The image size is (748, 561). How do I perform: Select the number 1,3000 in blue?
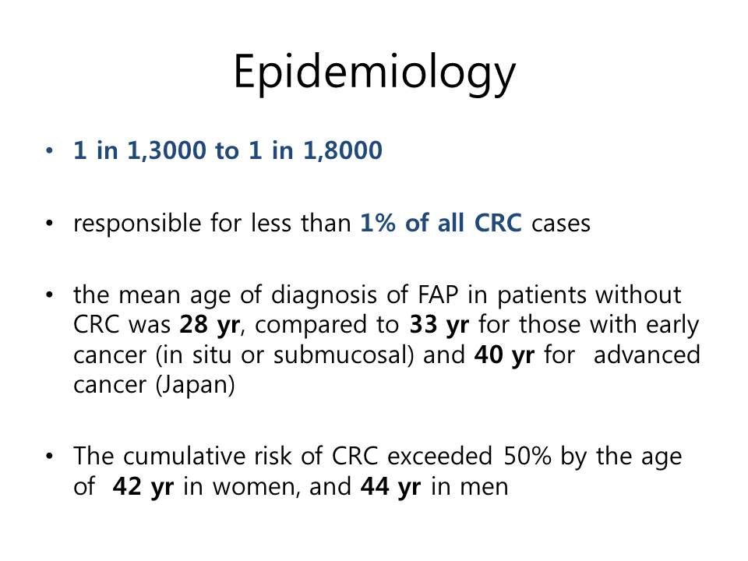pos(166,150)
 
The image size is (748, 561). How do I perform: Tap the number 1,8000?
pos(343,150)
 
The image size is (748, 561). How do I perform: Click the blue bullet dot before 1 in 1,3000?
pos(49,151)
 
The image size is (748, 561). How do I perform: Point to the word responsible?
pos(137,224)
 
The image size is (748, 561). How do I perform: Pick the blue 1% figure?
pos(378,223)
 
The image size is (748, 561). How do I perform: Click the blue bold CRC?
pos(498,223)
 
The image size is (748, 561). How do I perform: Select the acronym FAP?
pos(437,295)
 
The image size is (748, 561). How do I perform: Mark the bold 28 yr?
pos(210,326)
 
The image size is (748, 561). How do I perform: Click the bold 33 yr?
pos(439,326)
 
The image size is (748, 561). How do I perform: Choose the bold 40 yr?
pos(504,355)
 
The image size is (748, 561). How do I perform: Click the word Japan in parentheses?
pos(195,386)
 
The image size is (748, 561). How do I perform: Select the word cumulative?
pos(184,457)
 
